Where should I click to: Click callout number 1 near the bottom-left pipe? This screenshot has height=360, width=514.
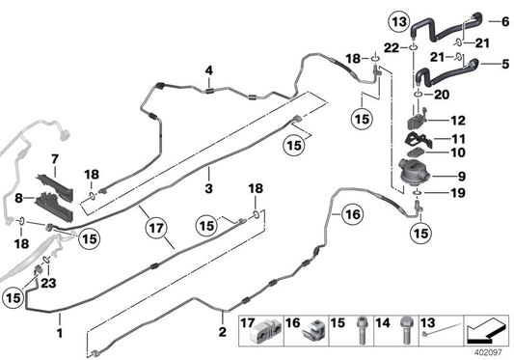(x=59, y=333)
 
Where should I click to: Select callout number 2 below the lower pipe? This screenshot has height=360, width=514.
(x=224, y=333)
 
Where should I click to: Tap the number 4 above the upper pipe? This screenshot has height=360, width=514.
(x=206, y=69)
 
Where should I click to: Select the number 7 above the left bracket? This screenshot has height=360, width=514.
(x=55, y=157)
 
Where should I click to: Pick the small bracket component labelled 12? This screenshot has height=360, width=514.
(x=420, y=121)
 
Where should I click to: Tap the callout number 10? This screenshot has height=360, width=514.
(x=457, y=152)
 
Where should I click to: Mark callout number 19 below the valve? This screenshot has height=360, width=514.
(x=457, y=193)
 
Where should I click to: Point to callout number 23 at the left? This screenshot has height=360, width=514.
(x=48, y=285)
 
